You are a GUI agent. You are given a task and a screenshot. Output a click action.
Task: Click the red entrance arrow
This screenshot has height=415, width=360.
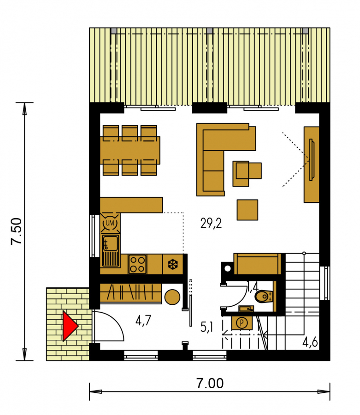pos(70,326)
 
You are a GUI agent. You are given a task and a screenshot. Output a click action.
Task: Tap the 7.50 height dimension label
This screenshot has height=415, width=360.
pos(17,231)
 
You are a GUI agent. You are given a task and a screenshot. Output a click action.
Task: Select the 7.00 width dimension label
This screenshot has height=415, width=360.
pos(210,383)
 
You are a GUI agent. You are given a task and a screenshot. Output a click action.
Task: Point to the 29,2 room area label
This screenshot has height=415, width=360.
pos(211,223)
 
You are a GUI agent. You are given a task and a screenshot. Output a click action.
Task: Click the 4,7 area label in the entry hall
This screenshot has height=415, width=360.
pos(143,320)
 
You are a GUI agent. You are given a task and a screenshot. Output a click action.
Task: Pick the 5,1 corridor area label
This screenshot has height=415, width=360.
pos(207,327)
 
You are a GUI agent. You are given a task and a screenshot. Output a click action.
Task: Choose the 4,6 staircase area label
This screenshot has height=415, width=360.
pos(310,343)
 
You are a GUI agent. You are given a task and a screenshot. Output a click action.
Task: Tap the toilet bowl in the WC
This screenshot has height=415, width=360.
pos(264,296)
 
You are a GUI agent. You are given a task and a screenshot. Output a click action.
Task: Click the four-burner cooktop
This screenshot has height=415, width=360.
pos(137,264)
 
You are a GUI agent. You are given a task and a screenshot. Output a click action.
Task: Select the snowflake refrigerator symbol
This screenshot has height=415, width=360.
pos(172,264)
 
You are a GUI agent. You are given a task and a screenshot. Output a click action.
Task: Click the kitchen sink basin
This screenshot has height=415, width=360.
pos(111,243)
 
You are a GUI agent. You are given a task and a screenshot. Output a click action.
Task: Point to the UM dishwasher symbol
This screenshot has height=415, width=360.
pos(110,223)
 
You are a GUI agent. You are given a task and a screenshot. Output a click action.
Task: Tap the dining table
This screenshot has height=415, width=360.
pos(130,150)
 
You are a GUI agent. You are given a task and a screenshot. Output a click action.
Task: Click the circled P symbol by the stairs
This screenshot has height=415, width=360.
pos(242,323)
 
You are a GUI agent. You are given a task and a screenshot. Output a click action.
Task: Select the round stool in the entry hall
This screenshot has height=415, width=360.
pos(172,297)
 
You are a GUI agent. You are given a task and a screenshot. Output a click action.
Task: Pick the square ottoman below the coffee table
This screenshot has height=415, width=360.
pos(248,210)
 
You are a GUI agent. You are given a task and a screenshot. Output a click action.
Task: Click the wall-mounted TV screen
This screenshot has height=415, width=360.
pos(312,160)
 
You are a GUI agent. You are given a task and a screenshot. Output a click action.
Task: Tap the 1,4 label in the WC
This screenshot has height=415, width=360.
pos(252,287)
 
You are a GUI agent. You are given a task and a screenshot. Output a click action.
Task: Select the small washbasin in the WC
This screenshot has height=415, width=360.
pos(246,308)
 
